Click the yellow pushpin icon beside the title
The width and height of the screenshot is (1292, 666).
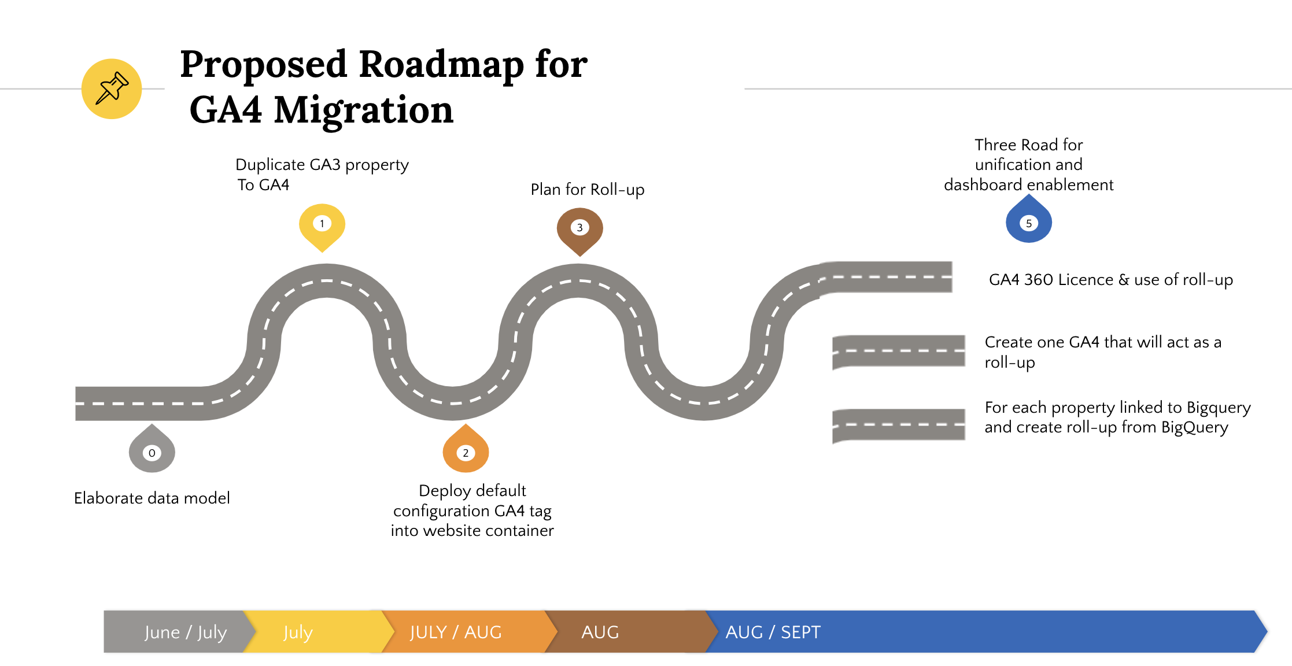tap(112, 88)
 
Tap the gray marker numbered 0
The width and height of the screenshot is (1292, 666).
tap(152, 452)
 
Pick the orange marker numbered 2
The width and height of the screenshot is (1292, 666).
tap(466, 452)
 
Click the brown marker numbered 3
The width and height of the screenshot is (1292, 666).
tap(579, 228)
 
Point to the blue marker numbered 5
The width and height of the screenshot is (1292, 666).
tap(1028, 222)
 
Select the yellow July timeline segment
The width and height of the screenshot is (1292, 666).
tap(312, 632)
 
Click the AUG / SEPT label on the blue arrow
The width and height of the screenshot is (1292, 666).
tap(773, 632)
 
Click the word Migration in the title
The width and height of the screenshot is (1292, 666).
tap(363, 110)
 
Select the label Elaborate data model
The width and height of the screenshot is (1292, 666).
tap(152, 498)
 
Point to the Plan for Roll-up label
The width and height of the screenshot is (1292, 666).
tap(587, 190)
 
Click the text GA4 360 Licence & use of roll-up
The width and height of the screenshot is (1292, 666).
tap(1110, 280)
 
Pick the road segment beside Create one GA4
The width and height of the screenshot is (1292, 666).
tap(898, 351)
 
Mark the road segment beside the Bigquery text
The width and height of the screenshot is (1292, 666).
tap(898, 425)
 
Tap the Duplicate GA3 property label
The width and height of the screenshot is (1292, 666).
tap(322, 165)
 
